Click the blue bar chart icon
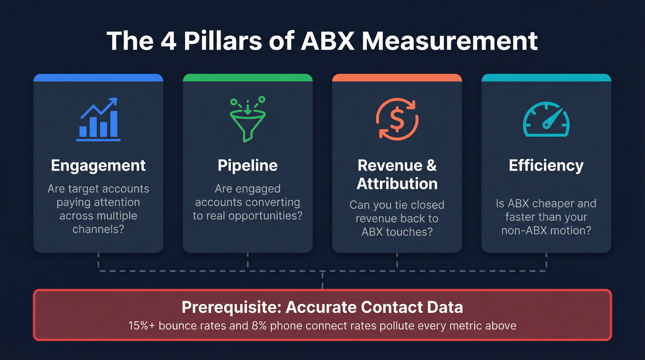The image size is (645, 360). (x=98, y=120)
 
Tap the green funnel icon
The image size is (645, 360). (x=248, y=119)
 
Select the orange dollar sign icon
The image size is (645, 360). (x=397, y=119)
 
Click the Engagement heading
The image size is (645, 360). (x=98, y=165)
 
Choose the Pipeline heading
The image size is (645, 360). (x=248, y=165)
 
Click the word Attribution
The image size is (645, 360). (x=397, y=183)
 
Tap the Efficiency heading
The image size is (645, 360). (x=546, y=165)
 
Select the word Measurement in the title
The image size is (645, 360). (x=450, y=41)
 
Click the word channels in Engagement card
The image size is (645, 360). (x=98, y=229)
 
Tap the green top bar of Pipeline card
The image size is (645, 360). (x=248, y=77)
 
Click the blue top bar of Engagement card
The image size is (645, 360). (x=98, y=77)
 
